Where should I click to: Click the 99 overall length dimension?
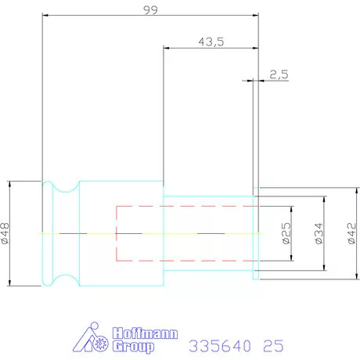[x=150, y=10]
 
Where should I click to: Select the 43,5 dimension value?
[x=211, y=42]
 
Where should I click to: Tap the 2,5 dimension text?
[x=279, y=75]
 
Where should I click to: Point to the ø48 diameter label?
[x=5, y=233]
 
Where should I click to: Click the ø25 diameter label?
[x=286, y=233]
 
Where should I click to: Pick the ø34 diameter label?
[x=319, y=233]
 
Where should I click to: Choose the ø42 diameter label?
[x=351, y=233]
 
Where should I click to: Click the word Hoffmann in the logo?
[x=145, y=333]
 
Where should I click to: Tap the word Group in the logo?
[x=133, y=347]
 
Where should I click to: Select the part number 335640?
[x=220, y=346]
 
